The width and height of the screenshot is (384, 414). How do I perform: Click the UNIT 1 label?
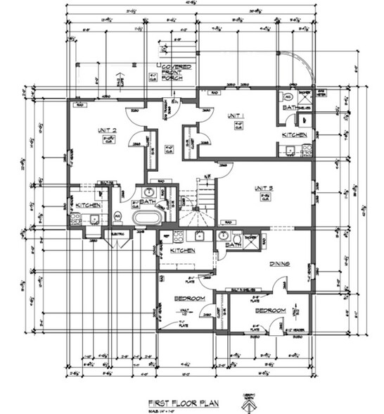[x=234, y=115]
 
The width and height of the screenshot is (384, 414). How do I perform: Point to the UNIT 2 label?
[x=107, y=130]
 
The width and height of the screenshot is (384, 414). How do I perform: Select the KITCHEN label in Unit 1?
[x=294, y=134]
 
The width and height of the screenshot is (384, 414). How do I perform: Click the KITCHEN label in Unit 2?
[x=89, y=205]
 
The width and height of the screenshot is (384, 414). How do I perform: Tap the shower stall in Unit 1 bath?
[x=305, y=99]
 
